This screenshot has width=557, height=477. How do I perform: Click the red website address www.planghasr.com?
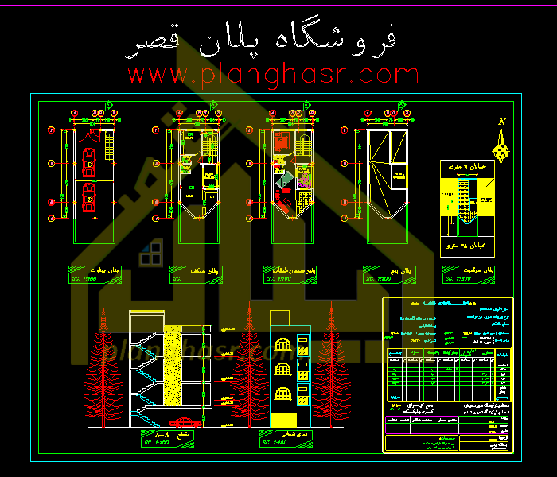tap(273, 76)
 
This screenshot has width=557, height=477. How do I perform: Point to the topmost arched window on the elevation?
tap(280, 346)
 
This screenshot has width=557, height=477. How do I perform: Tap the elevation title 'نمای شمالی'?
tap(284, 436)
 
